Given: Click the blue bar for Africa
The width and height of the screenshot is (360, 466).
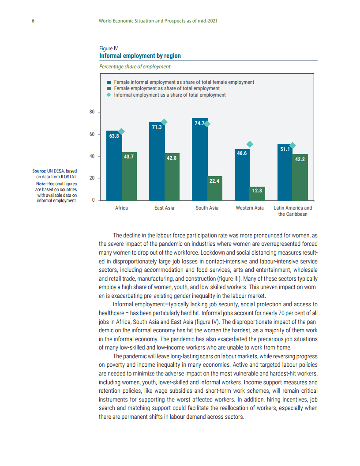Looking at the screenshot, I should pyautogui.click(x=114, y=166).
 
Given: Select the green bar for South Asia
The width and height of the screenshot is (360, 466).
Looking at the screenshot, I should pyautogui.click(x=215, y=188).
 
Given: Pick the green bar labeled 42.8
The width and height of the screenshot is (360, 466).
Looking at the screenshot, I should pyautogui.click(x=172, y=177).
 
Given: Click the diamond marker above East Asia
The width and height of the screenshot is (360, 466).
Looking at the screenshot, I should pyautogui.click(x=164, y=122).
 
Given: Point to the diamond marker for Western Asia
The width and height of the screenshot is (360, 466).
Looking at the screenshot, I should pyautogui.click(x=250, y=144).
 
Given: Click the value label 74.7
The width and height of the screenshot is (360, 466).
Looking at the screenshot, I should pyautogui.click(x=200, y=123).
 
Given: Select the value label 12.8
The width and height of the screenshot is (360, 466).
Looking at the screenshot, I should pyautogui.click(x=258, y=191).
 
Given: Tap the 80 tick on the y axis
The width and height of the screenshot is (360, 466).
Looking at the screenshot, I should pyautogui.click(x=92, y=112).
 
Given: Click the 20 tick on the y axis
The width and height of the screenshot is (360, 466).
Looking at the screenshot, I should pyautogui.click(x=92, y=178).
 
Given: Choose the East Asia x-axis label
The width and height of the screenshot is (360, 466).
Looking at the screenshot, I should pyautogui.click(x=164, y=208).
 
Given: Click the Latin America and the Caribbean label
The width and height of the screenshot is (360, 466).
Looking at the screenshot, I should pyautogui.click(x=292, y=211).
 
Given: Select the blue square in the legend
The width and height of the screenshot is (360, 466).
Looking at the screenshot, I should pyautogui.click(x=109, y=83).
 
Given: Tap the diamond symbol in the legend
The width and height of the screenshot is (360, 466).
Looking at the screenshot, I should pyautogui.click(x=109, y=95).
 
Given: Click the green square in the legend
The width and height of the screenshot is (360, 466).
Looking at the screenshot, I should pyautogui.click(x=109, y=89).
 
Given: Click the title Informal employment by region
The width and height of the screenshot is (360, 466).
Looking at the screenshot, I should pyautogui.click(x=140, y=56).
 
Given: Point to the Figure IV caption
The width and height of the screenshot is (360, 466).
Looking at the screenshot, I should pyautogui.click(x=109, y=49).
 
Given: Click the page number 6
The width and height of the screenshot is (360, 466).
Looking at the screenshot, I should pyautogui.click(x=33, y=21).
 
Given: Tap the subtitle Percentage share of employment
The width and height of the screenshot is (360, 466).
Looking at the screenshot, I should pyautogui.click(x=135, y=67).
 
